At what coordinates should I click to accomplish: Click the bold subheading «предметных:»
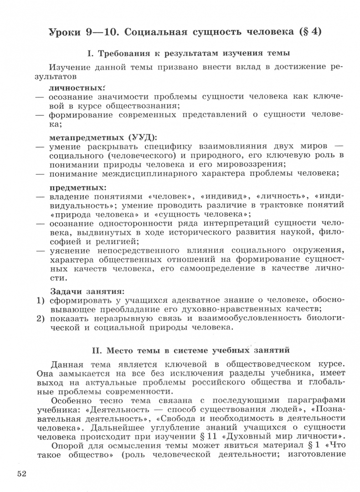[77, 187]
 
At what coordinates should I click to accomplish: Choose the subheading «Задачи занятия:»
[87, 290]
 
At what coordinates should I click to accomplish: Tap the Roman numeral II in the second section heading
[96, 350]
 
